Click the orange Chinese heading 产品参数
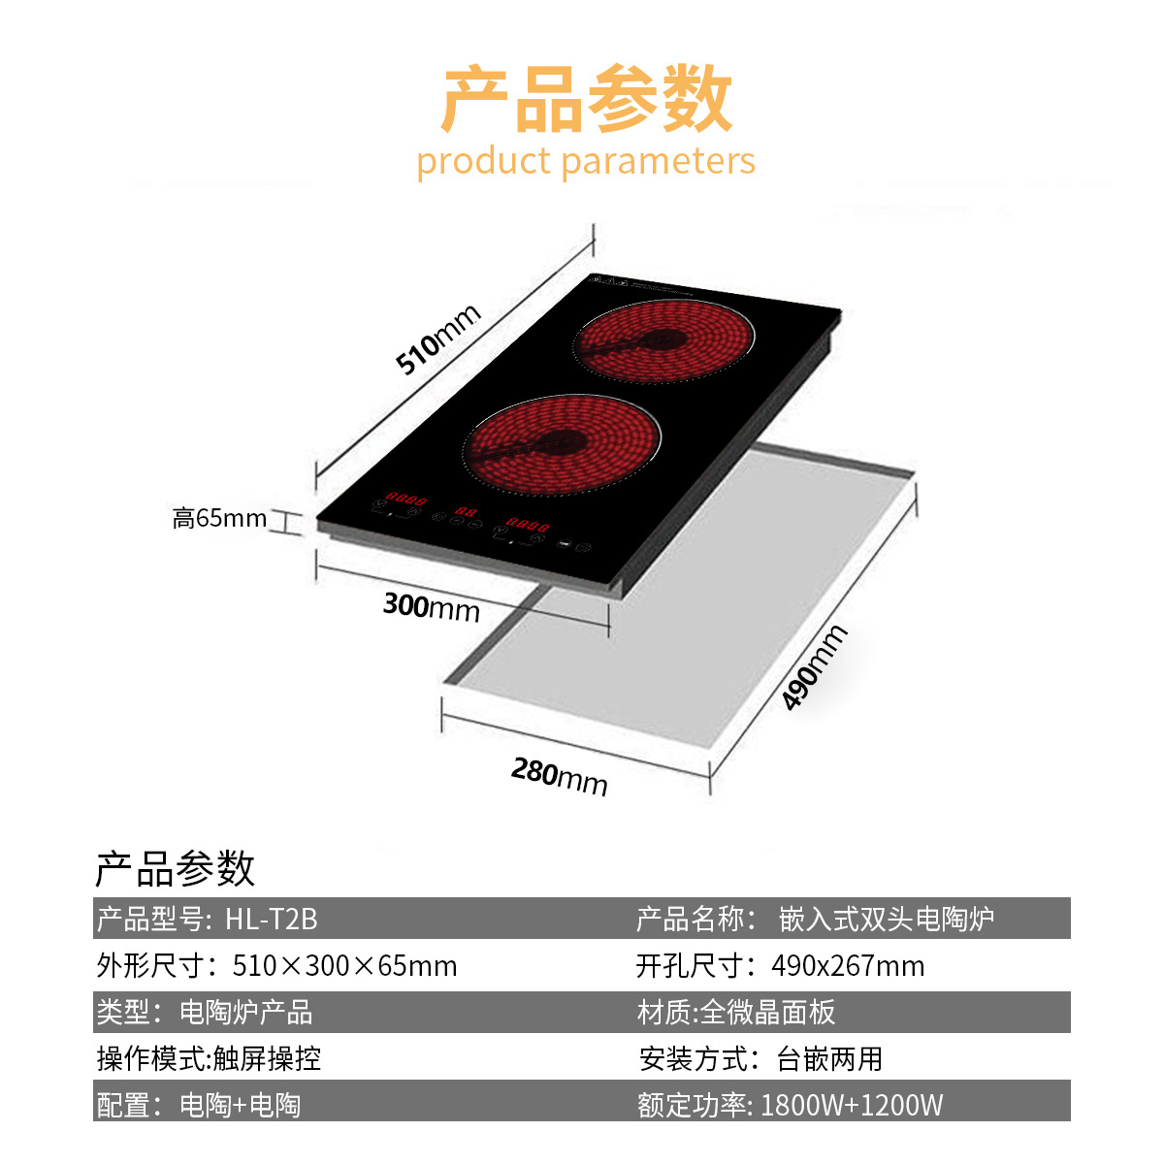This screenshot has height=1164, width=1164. coord(586,99)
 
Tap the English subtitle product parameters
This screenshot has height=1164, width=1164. coord(586,161)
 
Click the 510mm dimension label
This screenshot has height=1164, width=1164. coord(438,339)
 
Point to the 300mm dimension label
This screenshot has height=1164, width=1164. coord(432,607)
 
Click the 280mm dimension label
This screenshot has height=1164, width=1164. coord(560,777)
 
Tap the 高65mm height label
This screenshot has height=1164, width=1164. coord(219,519)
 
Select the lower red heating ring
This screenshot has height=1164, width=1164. coord(563,445)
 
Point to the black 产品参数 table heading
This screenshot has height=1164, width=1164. coord(175,868)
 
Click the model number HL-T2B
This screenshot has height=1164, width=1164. coord(272,919)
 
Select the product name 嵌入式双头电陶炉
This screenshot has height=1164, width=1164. coord(887,919)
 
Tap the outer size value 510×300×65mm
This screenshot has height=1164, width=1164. coord(344,966)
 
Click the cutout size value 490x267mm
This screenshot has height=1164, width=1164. coord(848,966)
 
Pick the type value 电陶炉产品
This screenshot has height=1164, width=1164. coord(246,1013)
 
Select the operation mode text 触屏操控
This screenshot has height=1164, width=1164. coord(267,1058)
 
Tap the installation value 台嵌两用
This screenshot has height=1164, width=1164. coord(829,1058)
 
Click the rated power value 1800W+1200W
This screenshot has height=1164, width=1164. coord(852,1105)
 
